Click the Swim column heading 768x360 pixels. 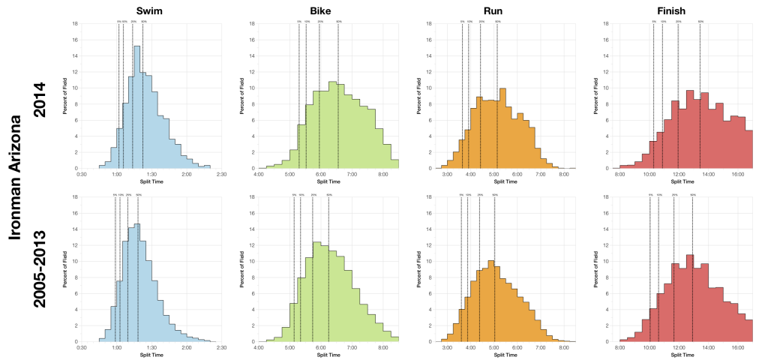[x=150, y=10]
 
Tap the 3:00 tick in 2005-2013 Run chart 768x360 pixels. [x=448, y=347]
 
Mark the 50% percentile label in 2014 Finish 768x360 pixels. [x=700, y=22]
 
